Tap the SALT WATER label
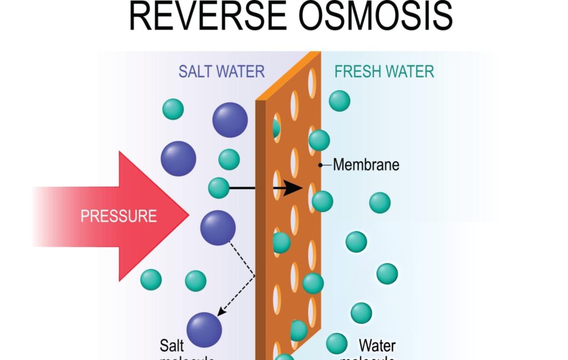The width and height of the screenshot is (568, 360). coord(221,72)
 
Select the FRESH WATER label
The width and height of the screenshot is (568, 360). coord(384,72)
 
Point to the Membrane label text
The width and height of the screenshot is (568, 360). coord(366,165)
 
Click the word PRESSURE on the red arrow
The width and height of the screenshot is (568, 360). coord(119,216)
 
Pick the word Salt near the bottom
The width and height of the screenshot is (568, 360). coord(173,346)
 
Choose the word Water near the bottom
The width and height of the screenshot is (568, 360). coord(377,346)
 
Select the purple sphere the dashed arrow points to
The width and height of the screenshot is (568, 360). coord(205,329)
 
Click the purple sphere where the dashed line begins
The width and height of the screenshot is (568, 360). coord(218,227)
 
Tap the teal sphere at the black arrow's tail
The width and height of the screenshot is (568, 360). coord(219,188)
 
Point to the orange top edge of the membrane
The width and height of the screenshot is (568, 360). coord(288,75)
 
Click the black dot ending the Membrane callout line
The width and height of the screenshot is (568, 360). coord(321,165)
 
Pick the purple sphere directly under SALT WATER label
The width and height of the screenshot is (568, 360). coord(230,120)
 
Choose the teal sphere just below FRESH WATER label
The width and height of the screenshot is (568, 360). coord(339,101)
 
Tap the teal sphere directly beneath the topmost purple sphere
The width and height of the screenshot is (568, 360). coord(229,159)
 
